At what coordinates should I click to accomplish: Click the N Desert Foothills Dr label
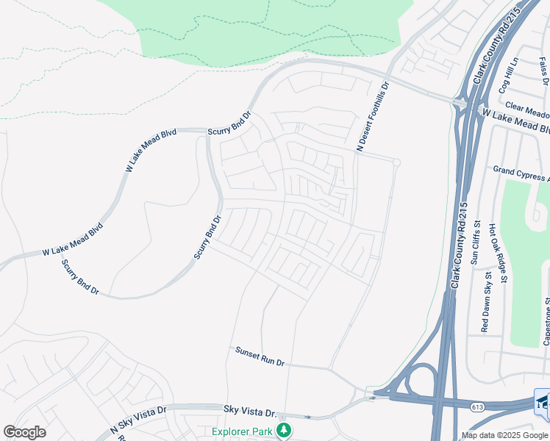372,117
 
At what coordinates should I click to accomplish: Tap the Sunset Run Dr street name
260,357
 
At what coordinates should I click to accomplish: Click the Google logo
24,432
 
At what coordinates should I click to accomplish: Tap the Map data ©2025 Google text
504,436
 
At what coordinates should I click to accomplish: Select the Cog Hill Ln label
508,76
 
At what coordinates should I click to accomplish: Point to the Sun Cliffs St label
476,243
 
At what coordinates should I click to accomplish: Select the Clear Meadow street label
526,111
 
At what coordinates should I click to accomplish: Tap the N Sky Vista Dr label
140,420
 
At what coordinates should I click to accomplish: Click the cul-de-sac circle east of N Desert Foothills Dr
396,162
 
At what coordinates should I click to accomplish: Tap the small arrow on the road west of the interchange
371,398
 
